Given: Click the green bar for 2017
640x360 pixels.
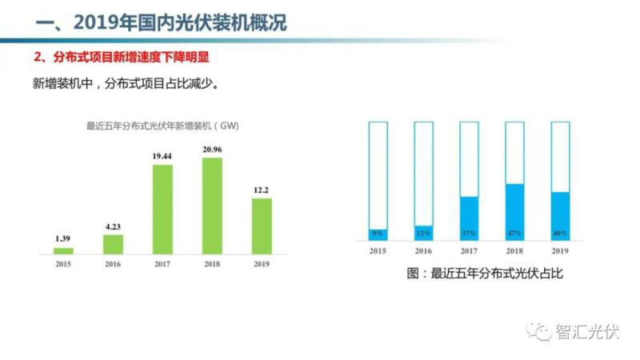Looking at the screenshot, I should (163, 209).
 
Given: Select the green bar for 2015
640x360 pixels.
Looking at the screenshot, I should (64, 250).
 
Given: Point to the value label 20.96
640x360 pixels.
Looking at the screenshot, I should (212, 150).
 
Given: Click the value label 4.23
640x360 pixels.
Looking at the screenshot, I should (114, 226).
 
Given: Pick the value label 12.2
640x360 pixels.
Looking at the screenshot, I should (262, 190).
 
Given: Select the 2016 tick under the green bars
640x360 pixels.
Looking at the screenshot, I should (114, 264).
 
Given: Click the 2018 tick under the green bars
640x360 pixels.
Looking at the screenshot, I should (212, 264).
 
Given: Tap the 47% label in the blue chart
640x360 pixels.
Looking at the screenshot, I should (514, 234).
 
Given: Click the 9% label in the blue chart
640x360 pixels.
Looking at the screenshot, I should (377, 234).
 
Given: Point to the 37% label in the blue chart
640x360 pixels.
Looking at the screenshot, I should (469, 234).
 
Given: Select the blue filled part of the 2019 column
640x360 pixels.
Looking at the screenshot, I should (561, 214).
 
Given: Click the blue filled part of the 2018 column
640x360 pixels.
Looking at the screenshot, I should (514, 210).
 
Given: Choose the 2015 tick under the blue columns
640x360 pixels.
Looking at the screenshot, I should (377, 250).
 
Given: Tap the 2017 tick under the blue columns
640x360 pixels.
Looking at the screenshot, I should (469, 250).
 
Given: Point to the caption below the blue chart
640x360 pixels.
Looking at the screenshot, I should (485, 274).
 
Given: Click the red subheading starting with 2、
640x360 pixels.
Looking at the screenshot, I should (123, 58).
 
